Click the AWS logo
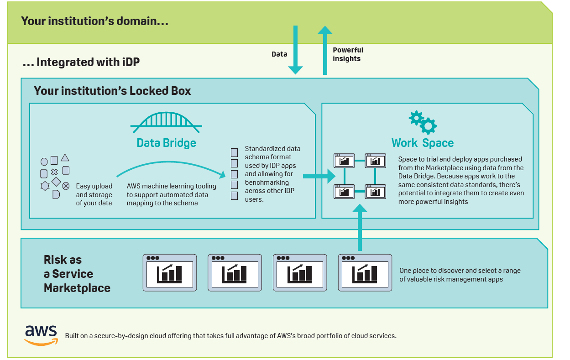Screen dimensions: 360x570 (x=41, y=335)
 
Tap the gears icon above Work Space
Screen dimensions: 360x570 (x=422, y=122)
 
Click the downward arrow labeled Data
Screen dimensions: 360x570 (x=295, y=50)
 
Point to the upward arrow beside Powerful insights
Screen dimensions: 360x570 (x=325, y=50)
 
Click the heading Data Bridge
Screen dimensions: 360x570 (x=166, y=143)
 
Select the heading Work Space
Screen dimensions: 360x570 (x=422, y=143)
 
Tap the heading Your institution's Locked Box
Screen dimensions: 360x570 (x=112, y=91)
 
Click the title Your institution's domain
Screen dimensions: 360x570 (x=94, y=21)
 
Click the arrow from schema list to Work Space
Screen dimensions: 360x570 (x=319, y=175)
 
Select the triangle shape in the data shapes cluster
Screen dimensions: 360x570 (x=65, y=158)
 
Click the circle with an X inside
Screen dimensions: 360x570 (x=66, y=185)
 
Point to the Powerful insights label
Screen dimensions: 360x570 (x=348, y=54)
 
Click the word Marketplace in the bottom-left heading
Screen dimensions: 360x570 (x=77, y=288)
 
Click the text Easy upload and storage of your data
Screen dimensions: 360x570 (x=94, y=194)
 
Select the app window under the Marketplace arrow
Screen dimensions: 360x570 (x=365, y=272)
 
